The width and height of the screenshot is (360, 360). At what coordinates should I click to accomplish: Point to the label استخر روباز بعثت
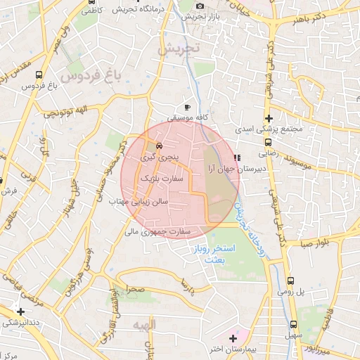coord(212,255)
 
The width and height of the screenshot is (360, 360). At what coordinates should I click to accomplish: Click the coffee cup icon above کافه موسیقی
coord(187,106)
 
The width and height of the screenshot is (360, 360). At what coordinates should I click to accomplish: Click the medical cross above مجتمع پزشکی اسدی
coord(268,117)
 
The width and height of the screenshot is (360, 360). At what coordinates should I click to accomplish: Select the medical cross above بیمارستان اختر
coord(233,338)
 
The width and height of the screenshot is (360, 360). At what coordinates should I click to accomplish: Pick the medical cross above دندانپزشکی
coord(20,311)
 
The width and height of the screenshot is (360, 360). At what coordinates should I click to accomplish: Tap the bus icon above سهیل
coord(293,324)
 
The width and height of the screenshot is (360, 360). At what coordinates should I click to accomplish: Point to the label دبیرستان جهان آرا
coord(234,169)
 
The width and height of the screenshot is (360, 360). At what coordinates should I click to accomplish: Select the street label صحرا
coord(135,288)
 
